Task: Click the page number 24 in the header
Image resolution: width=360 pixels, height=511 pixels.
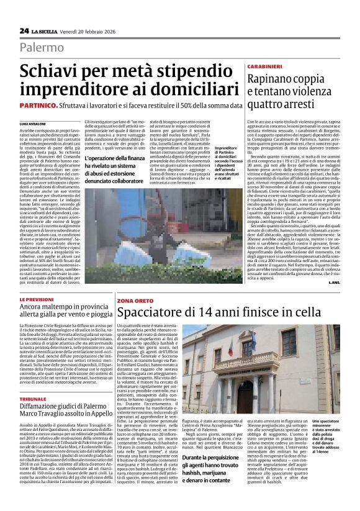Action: point(24,30)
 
